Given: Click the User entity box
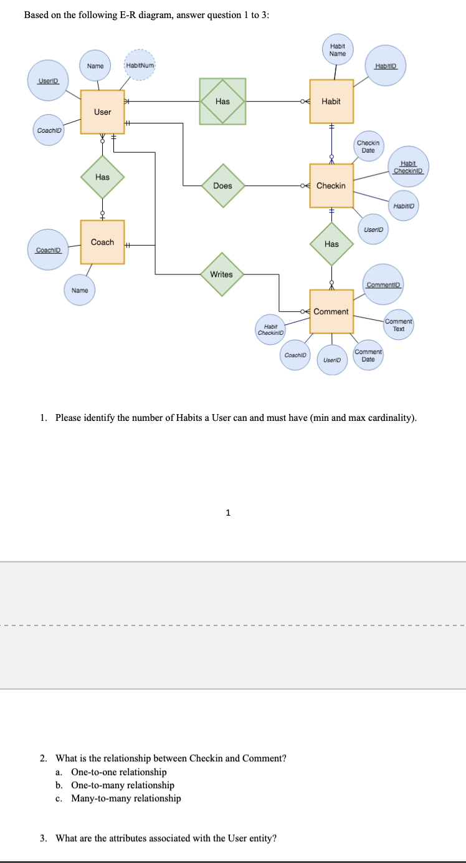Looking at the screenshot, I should pyautogui.click(x=102, y=112).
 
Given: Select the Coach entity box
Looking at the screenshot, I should pyautogui.click(x=102, y=242).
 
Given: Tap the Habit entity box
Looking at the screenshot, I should pyautogui.click(x=331, y=101).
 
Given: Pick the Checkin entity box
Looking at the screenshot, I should pyautogui.click(x=331, y=186).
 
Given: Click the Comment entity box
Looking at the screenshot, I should pyautogui.click(x=331, y=311).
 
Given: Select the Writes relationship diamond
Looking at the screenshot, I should pyautogui.click(x=222, y=274).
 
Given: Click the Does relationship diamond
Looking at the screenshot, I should pyautogui.click(x=222, y=186).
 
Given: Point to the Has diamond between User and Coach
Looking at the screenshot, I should pyautogui.click(x=102, y=178).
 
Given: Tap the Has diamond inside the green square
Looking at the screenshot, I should pyautogui.click(x=222, y=101).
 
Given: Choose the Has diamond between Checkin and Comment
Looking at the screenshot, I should pyautogui.click(x=331, y=244).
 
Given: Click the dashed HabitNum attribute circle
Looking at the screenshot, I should pyautogui.click(x=140, y=65).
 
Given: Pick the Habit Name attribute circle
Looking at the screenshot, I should pyautogui.click(x=338, y=50).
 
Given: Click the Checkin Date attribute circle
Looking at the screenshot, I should pyautogui.click(x=368, y=147).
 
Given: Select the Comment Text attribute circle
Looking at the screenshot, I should pyautogui.click(x=399, y=325).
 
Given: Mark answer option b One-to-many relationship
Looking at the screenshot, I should pyautogui.click(x=122, y=785).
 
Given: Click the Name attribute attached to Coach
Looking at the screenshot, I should pyautogui.click(x=80, y=291).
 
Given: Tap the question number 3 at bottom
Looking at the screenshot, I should pyautogui.click(x=43, y=838).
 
